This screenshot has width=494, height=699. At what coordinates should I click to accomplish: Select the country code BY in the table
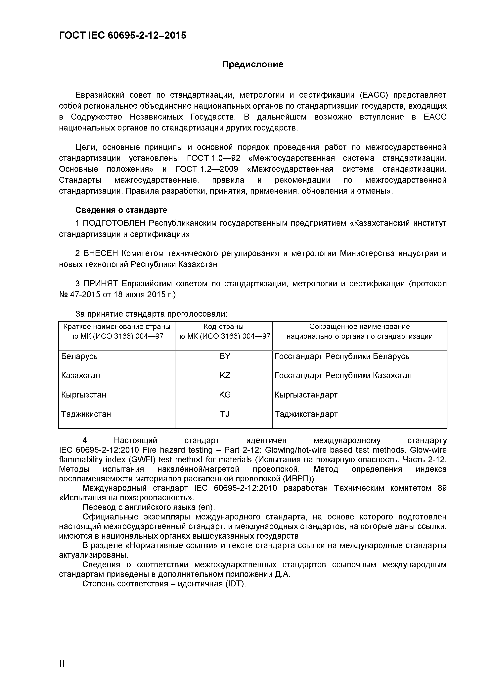(x=225, y=356)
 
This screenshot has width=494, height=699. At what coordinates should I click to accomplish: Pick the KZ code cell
(x=225, y=375)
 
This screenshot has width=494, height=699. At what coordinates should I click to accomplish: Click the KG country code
(x=225, y=395)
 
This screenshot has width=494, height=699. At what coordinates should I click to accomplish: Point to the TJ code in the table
(x=225, y=414)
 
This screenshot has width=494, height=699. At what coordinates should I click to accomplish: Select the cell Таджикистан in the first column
(x=86, y=414)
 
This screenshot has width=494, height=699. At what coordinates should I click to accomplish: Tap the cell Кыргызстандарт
(x=306, y=395)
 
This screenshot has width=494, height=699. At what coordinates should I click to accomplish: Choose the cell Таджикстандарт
(x=306, y=414)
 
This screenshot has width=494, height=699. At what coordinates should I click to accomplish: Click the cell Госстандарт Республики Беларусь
(x=342, y=356)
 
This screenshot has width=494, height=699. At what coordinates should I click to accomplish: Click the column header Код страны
(x=224, y=327)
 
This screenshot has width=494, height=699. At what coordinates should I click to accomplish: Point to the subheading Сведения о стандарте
(x=121, y=210)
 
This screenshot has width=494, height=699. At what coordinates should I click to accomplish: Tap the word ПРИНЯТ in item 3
(x=100, y=284)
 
